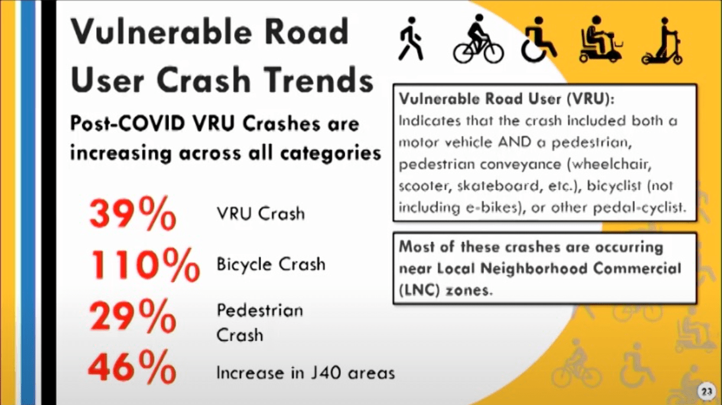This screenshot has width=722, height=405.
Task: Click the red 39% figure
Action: click(x=133, y=213)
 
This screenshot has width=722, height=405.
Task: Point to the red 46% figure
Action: click(x=132, y=367)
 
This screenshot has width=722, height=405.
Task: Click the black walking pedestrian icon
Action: click(x=411, y=39)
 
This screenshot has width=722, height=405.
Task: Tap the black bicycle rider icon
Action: click(x=479, y=39)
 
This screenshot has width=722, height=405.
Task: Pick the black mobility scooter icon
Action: click(x=600, y=39)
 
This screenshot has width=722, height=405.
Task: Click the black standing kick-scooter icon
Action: click(x=663, y=41)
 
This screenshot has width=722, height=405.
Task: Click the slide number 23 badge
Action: click(x=707, y=391)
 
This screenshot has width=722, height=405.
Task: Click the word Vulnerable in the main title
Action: click(x=161, y=31)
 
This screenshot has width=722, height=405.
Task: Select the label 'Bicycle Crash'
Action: click(x=271, y=264)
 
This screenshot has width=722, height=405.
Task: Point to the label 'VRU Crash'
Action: click(x=261, y=213)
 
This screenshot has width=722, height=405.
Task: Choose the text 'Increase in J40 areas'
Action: click(x=305, y=373)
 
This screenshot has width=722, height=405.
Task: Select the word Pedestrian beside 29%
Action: click(x=260, y=311)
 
